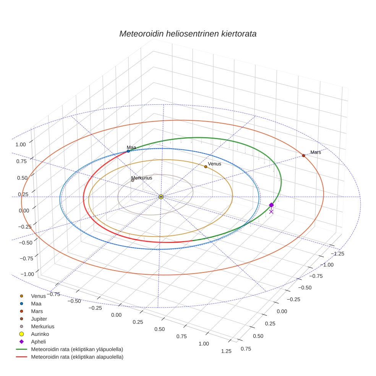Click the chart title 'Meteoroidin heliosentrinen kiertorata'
click(188, 34)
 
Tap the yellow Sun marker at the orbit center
click(161, 197)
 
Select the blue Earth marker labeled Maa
click(128, 151)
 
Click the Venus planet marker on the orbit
click(206, 167)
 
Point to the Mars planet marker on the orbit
click(303, 156)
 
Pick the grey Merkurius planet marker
click(133, 180)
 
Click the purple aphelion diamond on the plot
click(271, 205)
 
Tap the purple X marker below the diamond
click(271, 212)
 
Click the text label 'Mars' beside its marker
click(316, 152)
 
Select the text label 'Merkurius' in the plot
click(142, 178)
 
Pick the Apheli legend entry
click(38, 342)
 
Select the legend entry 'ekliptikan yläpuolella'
click(77, 349)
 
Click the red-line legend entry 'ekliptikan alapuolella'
click(77, 357)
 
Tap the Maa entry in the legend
click(36, 303)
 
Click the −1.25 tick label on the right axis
click(338, 254)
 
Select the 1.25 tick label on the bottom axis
click(226, 351)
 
